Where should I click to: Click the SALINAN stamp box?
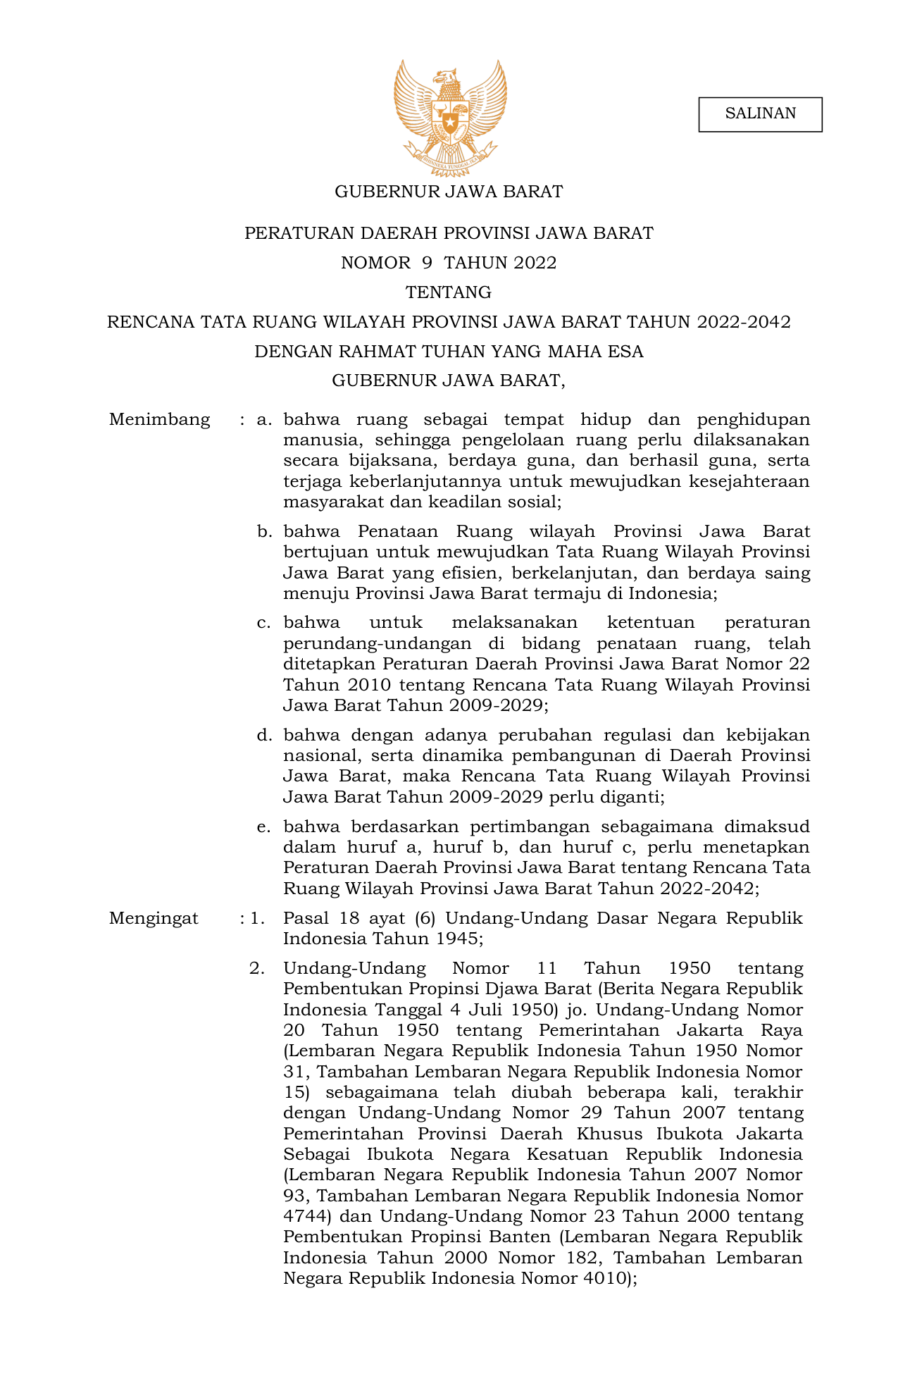coord(760,114)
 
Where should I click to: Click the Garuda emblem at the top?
coord(449,117)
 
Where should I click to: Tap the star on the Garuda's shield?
coord(449,124)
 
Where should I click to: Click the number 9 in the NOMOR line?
coord(427,263)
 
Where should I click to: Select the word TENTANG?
coord(449,292)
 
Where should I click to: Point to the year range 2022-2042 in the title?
coord(744,322)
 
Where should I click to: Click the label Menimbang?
coord(160,420)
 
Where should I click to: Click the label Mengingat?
coord(154,919)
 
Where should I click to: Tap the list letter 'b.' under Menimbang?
coord(264,532)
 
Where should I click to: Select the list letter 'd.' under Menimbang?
coord(264,736)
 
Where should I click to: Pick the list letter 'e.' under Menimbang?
coord(264,827)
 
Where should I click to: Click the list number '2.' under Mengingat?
coord(257,969)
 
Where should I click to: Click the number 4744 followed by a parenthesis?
coord(304,1217)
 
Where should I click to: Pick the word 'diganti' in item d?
coord(631,798)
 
